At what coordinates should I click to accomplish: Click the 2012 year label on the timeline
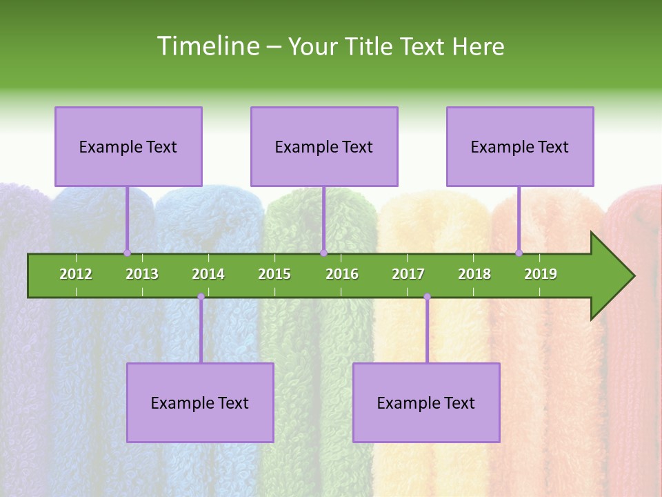(x=76, y=274)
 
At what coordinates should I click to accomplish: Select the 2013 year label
(x=142, y=274)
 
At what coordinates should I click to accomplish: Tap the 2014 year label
(x=208, y=274)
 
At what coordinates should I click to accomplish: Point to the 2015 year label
(x=274, y=274)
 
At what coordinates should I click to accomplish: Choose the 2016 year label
(x=342, y=274)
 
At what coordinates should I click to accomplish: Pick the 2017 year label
(x=408, y=274)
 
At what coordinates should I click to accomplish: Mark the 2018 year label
(x=474, y=274)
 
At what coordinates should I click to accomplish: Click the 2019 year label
(x=541, y=274)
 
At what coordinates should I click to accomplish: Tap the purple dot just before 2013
(x=127, y=253)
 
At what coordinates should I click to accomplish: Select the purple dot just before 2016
(x=323, y=253)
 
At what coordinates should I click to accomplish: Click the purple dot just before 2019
(x=519, y=253)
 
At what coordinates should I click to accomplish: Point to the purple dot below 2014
(x=201, y=297)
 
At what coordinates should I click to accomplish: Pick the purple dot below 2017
(x=427, y=297)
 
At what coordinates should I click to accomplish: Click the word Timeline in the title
(x=207, y=46)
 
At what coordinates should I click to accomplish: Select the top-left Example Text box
(x=128, y=146)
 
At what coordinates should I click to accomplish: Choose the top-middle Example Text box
(x=324, y=146)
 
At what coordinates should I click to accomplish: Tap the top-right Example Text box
(x=520, y=146)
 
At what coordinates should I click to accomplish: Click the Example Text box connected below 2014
(x=200, y=402)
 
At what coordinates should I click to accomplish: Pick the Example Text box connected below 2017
(x=426, y=402)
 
